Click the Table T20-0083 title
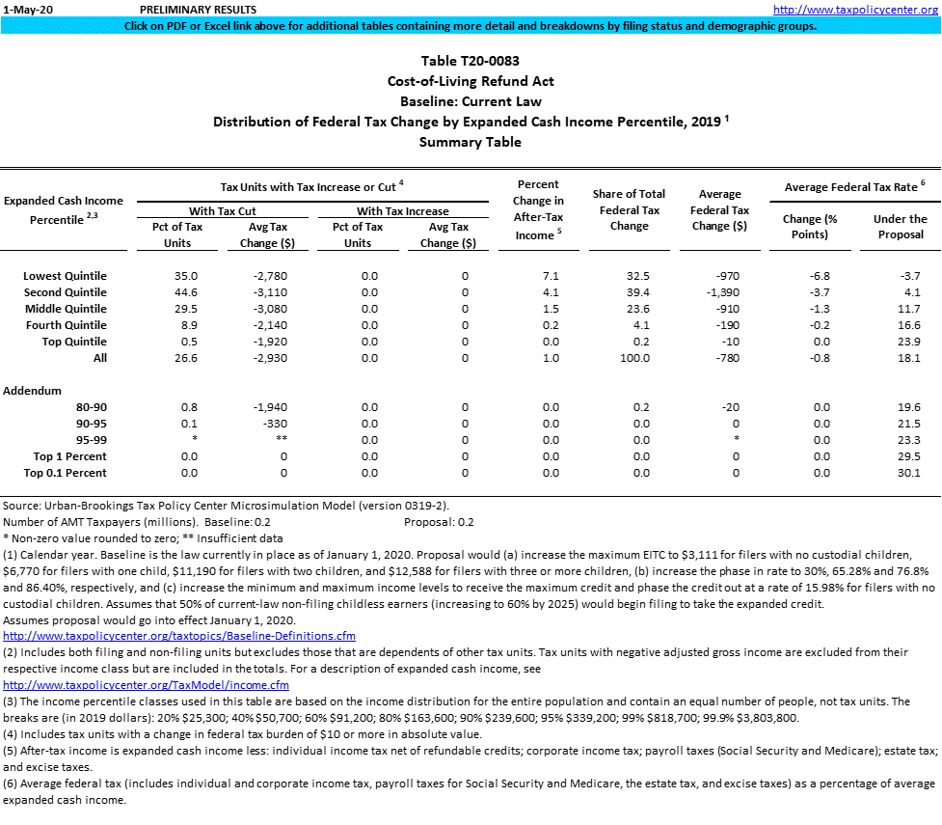click(x=471, y=62)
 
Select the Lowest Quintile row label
click(x=65, y=276)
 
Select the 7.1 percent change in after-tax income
click(x=551, y=276)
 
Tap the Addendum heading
click(x=32, y=391)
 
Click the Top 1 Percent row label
click(x=69, y=456)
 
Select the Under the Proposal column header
click(x=900, y=226)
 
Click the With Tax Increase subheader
click(x=403, y=210)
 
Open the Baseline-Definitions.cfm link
click(x=179, y=636)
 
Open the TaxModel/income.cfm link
click(x=147, y=685)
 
